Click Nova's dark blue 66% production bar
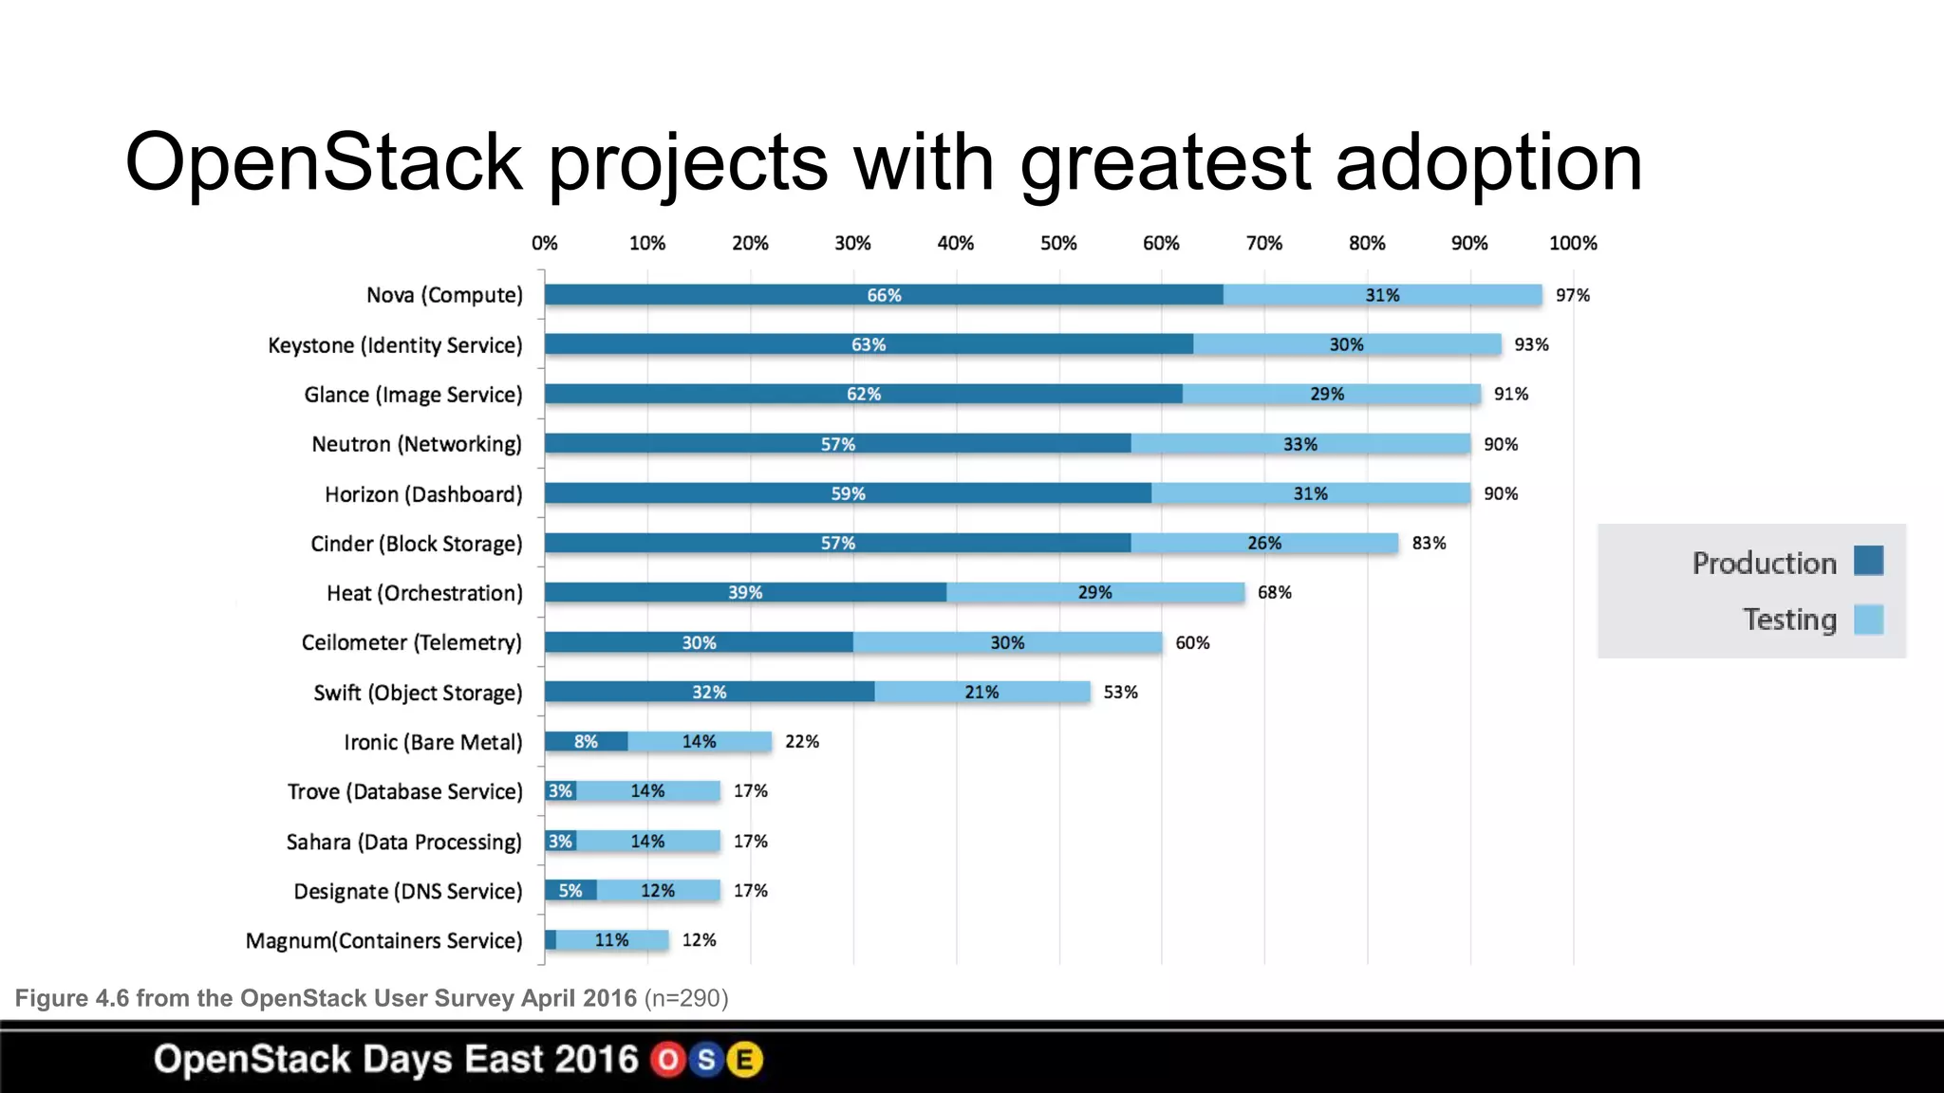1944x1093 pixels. click(884, 295)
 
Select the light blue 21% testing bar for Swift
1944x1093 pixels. click(981, 692)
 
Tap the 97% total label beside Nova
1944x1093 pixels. click(1572, 295)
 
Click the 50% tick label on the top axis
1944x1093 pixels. click(1057, 243)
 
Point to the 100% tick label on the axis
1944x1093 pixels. click(1572, 243)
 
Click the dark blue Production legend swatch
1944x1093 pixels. click(1868, 561)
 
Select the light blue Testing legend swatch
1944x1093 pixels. click(1868, 620)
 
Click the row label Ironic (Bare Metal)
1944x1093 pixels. click(433, 742)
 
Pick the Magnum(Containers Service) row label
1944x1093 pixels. click(383, 940)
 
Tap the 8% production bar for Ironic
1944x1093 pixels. click(586, 741)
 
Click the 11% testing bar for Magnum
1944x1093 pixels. click(611, 939)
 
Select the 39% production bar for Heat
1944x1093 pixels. click(745, 592)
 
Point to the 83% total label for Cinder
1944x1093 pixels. click(1428, 543)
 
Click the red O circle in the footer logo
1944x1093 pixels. click(668, 1060)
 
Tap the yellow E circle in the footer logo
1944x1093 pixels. click(745, 1060)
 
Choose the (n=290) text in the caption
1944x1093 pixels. click(685, 998)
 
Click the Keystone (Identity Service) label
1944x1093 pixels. click(395, 345)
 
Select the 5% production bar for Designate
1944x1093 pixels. click(570, 890)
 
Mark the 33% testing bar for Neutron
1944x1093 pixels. click(1299, 444)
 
